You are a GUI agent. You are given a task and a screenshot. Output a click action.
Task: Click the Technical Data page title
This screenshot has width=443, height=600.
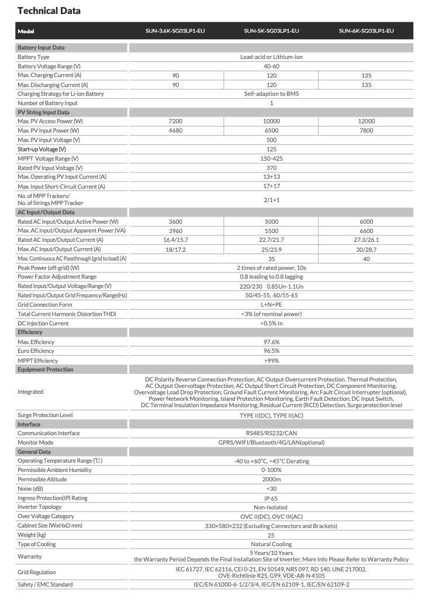[x=49, y=11]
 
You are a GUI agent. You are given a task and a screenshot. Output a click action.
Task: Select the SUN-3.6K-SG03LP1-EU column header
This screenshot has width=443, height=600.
[x=175, y=30]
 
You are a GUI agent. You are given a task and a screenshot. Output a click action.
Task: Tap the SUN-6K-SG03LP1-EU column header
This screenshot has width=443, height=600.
[x=366, y=30]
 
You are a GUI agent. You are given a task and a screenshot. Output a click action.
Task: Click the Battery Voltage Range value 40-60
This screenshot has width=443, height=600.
[x=271, y=66]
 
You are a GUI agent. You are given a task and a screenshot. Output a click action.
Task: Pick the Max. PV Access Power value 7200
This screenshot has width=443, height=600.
[x=175, y=121]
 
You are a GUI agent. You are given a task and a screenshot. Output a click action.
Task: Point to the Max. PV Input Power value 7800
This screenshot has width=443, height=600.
[x=366, y=130]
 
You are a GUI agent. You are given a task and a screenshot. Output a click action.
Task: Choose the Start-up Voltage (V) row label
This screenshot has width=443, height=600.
[x=41, y=149]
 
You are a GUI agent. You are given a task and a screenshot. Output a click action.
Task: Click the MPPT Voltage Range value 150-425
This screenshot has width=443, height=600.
[x=271, y=158]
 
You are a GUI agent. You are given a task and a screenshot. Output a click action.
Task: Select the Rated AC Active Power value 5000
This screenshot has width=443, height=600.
[x=271, y=221]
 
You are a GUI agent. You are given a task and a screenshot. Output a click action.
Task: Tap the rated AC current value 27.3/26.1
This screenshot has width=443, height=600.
[x=366, y=240]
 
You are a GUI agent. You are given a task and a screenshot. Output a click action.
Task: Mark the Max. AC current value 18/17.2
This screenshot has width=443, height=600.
[x=175, y=249]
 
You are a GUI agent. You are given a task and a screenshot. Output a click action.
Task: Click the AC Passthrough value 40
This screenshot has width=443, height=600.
[x=366, y=258]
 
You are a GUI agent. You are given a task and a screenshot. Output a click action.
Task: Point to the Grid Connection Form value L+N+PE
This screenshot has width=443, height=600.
[x=271, y=304]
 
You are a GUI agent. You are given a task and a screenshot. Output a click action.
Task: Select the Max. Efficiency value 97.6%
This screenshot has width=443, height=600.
[x=271, y=342]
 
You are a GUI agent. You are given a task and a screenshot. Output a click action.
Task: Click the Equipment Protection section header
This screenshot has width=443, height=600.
[x=46, y=369]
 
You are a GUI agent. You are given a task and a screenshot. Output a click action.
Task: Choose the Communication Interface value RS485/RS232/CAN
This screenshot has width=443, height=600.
[x=271, y=433]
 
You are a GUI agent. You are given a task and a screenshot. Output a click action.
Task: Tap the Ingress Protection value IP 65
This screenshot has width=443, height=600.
[x=271, y=498]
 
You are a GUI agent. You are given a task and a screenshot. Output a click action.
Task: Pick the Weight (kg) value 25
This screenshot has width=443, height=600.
[x=271, y=535]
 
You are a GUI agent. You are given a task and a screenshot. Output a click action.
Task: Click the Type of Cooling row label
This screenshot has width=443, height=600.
[x=37, y=544]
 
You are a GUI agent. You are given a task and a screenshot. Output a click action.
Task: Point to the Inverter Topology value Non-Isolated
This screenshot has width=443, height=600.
[x=271, y=507]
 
